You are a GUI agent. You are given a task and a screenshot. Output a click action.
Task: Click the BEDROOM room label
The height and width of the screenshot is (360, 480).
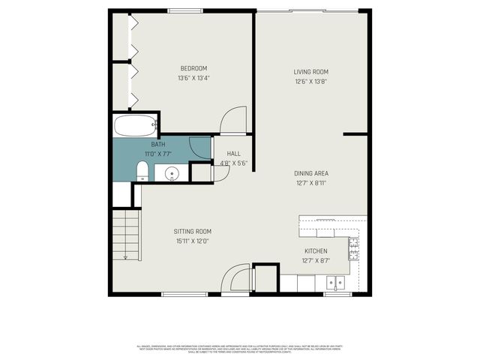[193, 68]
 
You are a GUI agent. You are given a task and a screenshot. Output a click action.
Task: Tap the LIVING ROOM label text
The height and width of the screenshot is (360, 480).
[310, 72]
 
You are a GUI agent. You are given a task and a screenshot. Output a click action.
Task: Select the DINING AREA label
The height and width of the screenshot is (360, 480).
[311, 173]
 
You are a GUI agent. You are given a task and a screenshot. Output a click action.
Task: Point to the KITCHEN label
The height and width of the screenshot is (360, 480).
[315, 251]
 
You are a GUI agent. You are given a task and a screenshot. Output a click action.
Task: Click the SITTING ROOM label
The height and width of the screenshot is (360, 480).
[193, 232]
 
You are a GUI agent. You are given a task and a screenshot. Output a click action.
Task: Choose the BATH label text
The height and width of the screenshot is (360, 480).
[158, 144]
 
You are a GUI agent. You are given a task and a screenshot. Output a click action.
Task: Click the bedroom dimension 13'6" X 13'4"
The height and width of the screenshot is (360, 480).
[193, 78]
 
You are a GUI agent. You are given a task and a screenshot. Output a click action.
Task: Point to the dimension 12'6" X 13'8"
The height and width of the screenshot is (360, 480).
[310, 82]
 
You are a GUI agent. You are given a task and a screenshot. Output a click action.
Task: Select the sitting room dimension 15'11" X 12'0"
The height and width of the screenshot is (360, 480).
[193, 241]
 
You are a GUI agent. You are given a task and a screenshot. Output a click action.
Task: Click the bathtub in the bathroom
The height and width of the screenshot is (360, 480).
[135, 125]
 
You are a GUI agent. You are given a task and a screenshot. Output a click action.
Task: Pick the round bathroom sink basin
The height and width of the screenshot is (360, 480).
[172, 174]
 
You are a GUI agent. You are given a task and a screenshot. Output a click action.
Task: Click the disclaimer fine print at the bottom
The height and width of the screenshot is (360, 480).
[240, 349]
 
